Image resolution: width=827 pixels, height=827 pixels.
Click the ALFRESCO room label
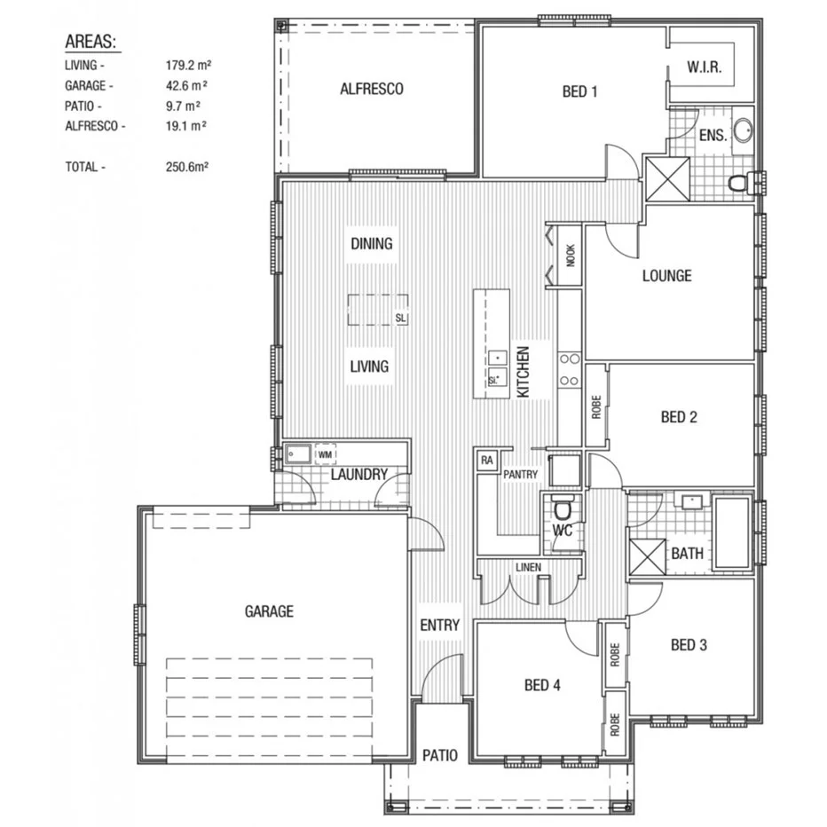pyautogui.click(x=372, y=89)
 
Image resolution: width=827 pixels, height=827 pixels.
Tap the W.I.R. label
pyautogui.click(x=706, y=67)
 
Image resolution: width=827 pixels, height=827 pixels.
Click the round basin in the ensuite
pyautogui.click(x=743, y=131)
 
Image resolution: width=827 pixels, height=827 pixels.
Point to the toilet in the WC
pyautogui.click(x=561, y=509)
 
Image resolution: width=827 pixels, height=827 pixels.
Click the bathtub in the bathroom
pyautogui.click(x=733, y=532)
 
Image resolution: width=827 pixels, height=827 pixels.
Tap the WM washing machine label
pyautogui.click(x=326, y=454)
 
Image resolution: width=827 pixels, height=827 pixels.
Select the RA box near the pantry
pyautogui.click(x=486, y=460)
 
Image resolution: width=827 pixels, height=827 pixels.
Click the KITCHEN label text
pyautogui.click(x=523, y=371)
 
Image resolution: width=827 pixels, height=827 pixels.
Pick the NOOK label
pyautogui.click(x=570, y=255)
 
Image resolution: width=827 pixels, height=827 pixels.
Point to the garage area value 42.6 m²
pyautogui.click(x=186, y=86)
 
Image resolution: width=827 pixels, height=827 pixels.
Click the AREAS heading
pyautogui.click(x=92, y=42)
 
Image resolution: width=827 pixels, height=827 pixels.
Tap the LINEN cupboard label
pyautogui.click(x=528, y=568)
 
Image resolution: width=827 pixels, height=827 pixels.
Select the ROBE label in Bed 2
pyautogui.click(x=595, y=407)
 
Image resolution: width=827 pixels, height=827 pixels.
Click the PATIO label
pyautogui.click(x=439, y=755)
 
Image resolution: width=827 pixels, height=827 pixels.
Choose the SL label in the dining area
pyautogui.click(x=400, y=317)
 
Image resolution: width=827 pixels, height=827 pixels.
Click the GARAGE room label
pyautogui.click(x=268, y=611)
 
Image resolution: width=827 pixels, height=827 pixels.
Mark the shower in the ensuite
pyautogui.click(x=667, y=177)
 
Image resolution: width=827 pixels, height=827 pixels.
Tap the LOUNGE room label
pyautogui.click(x=666, y=275)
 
